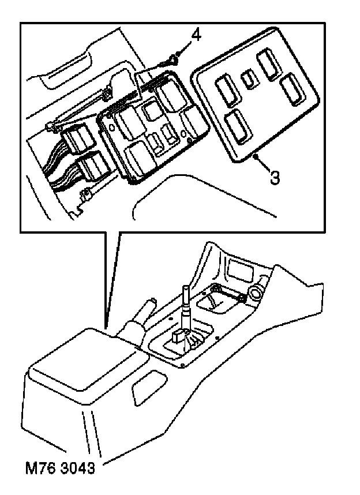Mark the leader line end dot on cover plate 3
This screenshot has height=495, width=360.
pos(254,156)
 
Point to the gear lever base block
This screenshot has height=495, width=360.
pos(179,342)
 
